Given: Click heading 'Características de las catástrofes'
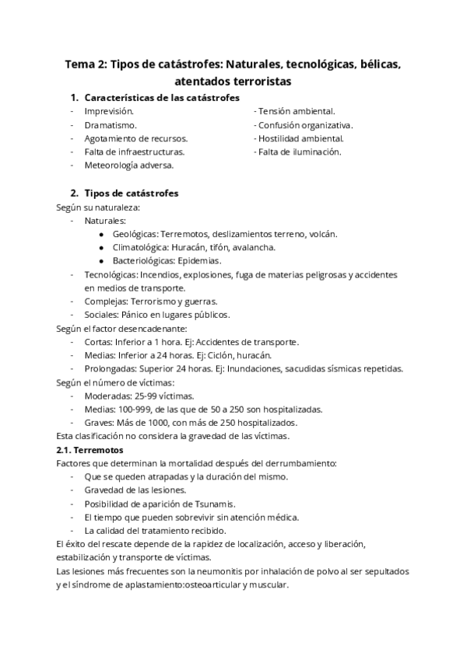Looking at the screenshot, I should (161, 98).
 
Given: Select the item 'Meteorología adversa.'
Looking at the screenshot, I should (129, 165).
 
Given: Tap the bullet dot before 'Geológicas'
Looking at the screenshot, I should (102, 234).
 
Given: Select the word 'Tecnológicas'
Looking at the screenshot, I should (111, 274).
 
